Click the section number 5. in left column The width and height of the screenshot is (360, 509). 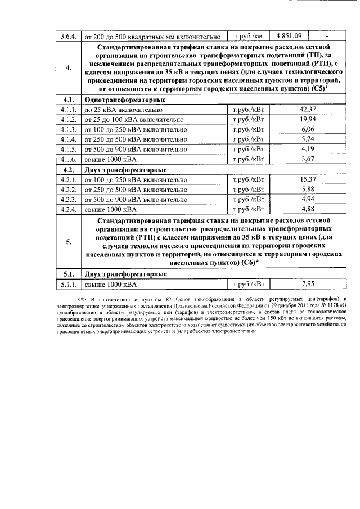click(69, 242)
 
